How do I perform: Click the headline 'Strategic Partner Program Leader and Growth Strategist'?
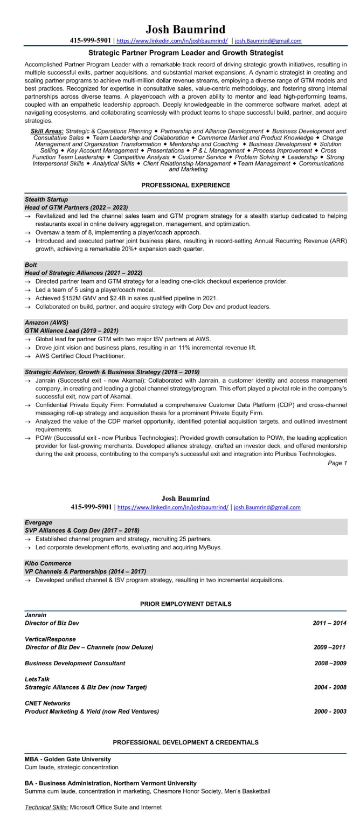point(185,53)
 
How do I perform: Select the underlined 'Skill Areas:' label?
point(46,131)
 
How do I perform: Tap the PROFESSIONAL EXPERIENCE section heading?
point(185,185)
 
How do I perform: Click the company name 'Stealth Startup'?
point(45,199)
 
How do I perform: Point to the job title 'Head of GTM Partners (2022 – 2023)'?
point(76,207)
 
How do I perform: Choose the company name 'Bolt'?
point(31,265)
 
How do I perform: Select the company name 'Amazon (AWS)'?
point(46,322)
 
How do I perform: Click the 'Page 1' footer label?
point(337,463)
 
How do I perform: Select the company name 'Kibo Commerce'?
point(48,563)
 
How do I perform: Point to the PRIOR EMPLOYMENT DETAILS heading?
point(185,603)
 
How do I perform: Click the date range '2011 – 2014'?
point(329,623)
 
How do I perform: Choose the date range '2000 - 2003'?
point(330,711)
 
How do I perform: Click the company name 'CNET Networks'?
point(47,703)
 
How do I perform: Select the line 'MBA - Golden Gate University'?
point(68,758)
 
